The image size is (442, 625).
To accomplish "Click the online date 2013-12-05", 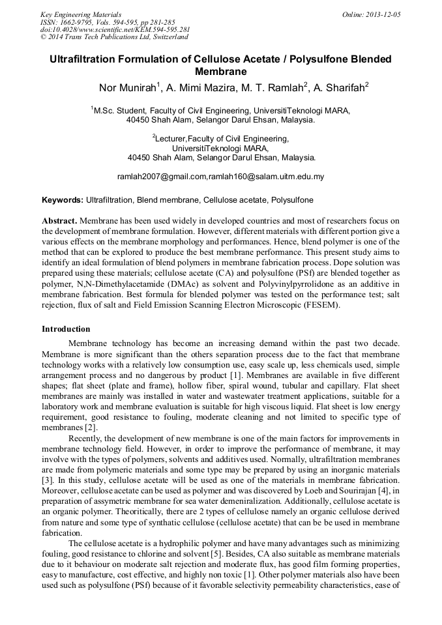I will [x=381, y=14].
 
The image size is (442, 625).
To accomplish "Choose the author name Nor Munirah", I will [x=126, y=88].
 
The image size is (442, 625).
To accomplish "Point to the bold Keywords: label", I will [x=63, y=200].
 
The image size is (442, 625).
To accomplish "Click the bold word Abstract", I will [x=59, y=222].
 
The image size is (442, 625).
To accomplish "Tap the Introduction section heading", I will [x=66, y=329].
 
